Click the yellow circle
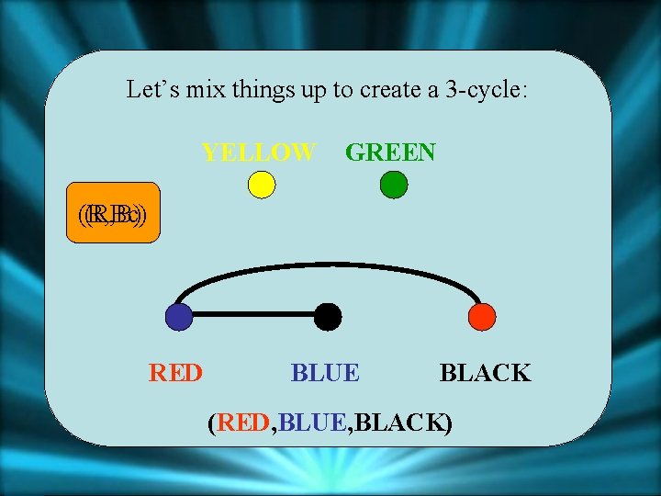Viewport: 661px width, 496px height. point(262,185)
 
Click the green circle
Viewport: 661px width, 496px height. point(393,185)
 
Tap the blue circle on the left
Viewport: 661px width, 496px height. point(179,317)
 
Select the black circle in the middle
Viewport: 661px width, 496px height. point(328,317)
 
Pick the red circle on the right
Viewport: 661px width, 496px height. point(481,317)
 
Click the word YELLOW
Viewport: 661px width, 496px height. point(259,152)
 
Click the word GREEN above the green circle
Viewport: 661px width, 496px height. point(390,152)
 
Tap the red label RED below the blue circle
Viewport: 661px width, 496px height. point(175,373)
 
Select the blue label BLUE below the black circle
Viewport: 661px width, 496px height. point(325,373)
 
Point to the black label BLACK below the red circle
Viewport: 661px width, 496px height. point(485,373)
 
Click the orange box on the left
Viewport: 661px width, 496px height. point(113,215)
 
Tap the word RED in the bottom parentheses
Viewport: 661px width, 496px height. point(244,423)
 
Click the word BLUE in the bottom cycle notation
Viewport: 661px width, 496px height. point(312,423)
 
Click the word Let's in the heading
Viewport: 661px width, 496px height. point(148,90)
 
